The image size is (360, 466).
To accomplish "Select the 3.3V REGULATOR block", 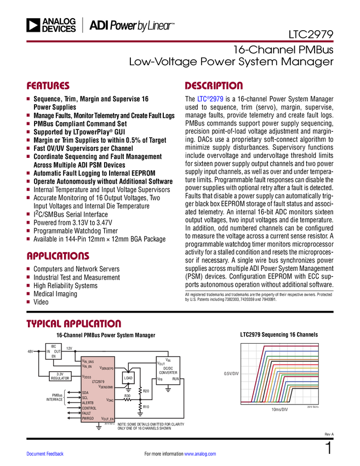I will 60,376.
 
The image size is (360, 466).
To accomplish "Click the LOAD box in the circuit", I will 128,378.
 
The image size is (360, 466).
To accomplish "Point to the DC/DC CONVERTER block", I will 168,371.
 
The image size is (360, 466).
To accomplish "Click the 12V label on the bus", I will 70,348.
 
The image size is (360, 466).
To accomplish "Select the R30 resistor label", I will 127,395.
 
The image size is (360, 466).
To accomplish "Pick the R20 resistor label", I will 146,390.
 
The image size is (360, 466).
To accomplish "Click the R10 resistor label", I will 146,407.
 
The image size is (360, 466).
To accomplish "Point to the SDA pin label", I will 85,393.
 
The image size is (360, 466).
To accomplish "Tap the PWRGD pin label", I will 89,418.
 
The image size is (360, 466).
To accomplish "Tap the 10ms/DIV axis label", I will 279,410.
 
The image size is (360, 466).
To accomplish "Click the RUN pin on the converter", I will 175,379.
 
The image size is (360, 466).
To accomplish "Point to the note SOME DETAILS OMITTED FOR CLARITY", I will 150,424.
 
